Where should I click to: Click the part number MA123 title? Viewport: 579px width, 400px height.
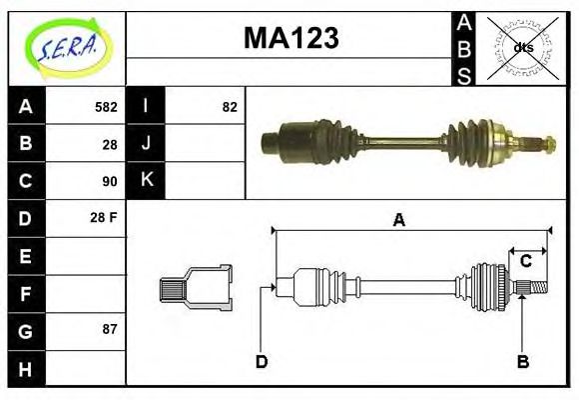[291, 38]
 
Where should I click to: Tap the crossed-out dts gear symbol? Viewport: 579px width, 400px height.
[523, 47]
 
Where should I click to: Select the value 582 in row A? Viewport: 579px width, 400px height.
[105, 107]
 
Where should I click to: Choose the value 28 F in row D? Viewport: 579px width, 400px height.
[104, 218]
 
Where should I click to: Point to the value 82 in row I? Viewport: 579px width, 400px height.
[230, 107]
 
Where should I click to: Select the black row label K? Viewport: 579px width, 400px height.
[147, 181]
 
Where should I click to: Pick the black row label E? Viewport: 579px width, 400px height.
[25, 255]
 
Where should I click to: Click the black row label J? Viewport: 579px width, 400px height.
[147, 144]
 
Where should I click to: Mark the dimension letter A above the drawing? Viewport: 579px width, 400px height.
[399, 220]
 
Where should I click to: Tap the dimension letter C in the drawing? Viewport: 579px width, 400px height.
[525, 262]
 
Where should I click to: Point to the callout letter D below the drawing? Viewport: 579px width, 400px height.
[262, 361]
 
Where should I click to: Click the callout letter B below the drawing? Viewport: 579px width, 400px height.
[522, 361]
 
